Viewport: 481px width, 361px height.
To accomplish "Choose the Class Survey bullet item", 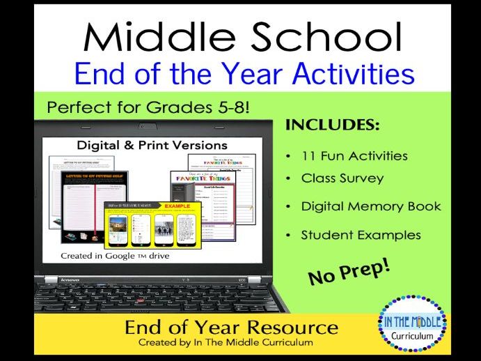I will point(342,178).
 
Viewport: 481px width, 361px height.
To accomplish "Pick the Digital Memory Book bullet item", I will point(370,206).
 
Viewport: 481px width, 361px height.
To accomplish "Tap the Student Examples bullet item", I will point(361,234).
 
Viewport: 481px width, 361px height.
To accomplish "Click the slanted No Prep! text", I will point(348,270).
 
